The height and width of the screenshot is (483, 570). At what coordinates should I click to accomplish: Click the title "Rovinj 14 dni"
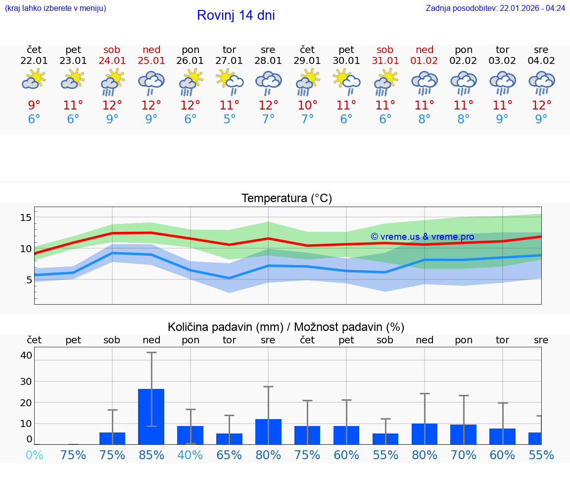point(236,15)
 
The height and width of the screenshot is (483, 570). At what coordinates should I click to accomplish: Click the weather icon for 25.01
point(151,83)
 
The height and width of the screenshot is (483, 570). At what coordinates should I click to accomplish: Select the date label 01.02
point(424,61)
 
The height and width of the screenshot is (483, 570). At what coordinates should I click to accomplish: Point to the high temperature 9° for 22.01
point(34,106)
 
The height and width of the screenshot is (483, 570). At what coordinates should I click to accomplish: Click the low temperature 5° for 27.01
point(229,119)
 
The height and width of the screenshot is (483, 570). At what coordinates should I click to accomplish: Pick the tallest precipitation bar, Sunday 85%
point(151,416)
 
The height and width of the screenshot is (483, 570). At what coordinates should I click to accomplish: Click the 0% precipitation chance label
point(34,455)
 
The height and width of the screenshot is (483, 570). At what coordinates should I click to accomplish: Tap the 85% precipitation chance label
point(151,455)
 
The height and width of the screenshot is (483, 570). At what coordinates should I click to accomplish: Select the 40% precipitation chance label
point(190,455)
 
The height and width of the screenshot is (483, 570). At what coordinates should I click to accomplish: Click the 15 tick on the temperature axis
point(26,217)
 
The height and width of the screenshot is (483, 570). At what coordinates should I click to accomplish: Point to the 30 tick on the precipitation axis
point(26,381)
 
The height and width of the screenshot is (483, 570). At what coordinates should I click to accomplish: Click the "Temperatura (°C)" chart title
point(286,199)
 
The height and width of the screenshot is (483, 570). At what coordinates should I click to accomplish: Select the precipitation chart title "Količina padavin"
point(286,327)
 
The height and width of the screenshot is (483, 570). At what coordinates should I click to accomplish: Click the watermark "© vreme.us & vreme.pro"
point(423,237)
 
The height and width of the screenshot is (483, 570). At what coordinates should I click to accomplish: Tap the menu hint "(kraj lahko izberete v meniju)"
point(55,8)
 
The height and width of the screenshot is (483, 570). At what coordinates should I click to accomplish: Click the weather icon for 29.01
point(307,83)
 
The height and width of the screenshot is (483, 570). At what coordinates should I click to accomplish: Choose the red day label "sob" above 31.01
point(385,50)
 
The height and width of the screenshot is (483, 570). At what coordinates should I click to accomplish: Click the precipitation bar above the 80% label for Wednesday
point(268,431)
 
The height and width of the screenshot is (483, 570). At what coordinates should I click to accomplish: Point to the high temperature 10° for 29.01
point(307,106)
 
